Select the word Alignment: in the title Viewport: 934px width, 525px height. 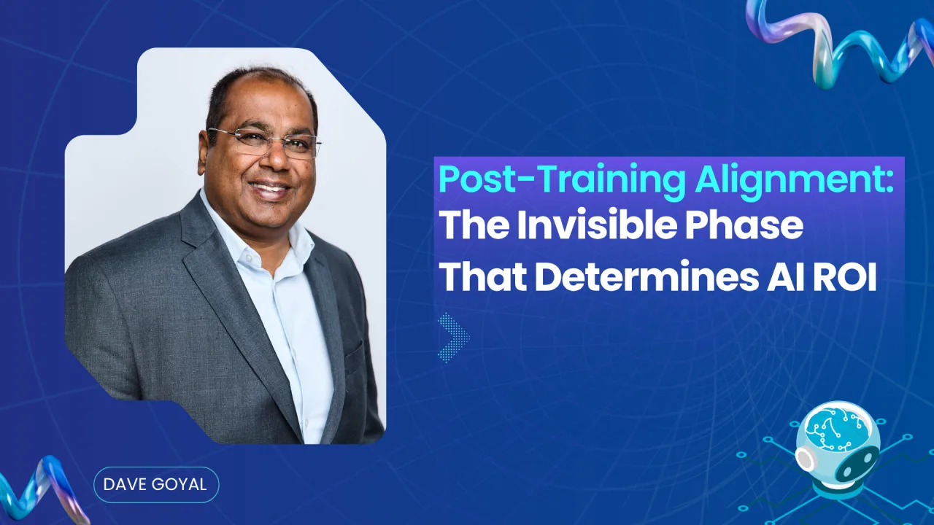click(796, 180)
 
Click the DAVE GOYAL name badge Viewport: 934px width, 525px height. click(156, 484)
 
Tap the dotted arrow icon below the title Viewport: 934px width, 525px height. click(453, 337)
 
